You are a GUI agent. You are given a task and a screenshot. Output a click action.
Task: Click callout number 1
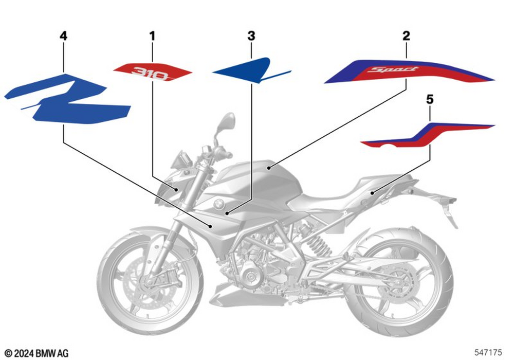pyautogui.click(x=152, y=36)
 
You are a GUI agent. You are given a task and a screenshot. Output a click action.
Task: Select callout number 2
pyautogui.click(x=406, y=36)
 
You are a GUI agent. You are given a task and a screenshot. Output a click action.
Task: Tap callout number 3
pyautogui.click(x=251, y=36)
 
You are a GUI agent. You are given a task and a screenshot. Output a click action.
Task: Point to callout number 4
pyautogui.click(x=63, y=36)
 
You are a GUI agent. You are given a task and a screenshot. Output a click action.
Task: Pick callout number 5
pyautogui.click(x=430, y=100)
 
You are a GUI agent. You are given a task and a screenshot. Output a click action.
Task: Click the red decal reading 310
pyautogui.click(x=153, y=73)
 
